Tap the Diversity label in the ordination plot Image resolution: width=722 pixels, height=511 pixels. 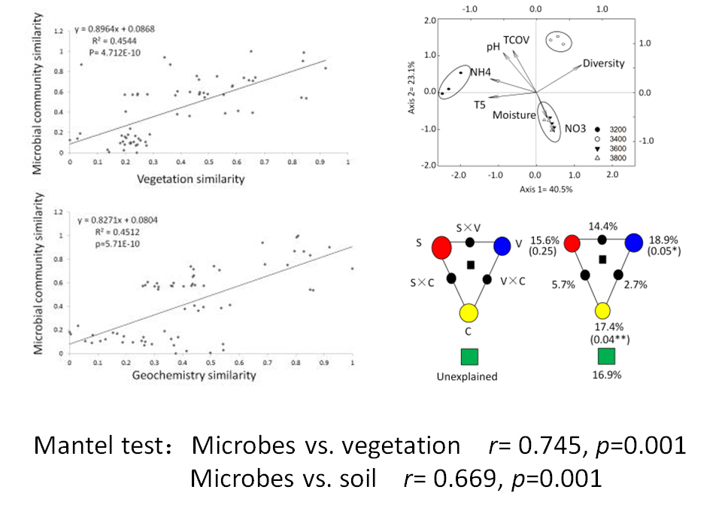coord(603,63)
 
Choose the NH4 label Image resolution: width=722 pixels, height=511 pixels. coord(481,72)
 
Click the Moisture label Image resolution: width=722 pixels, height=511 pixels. coord(514,115)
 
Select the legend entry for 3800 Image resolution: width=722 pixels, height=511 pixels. coord(611,158)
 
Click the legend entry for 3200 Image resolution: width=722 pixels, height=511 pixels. coord(611,129)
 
